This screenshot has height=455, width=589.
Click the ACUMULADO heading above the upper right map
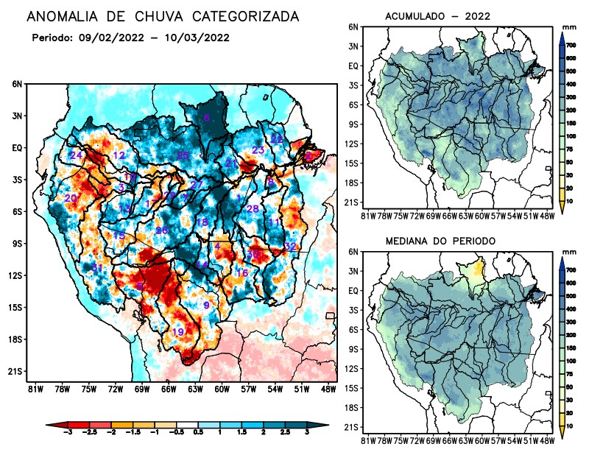click(x=415, y=16)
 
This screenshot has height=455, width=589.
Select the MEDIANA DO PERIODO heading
click(x=440, y=241)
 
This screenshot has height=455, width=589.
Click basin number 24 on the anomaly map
click(x=76, y=155)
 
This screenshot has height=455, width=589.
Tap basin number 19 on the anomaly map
click(x=177, y=332)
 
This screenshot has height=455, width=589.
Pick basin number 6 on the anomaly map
click(x=207, y=118)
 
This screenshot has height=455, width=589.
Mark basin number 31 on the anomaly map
click(x=97, y=267)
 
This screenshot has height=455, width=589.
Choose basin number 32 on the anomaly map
click(x=290, y=246)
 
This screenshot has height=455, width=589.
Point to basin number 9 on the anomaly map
click(x=207, y=305)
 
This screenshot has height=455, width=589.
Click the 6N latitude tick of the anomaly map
click(x=16, y=85)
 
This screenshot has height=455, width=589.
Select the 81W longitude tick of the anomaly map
click(x=34, y=388)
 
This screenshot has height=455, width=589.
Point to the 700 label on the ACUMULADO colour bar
click(x=570, y=46)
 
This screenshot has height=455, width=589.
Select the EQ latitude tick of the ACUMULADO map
click(x=353, y=66)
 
